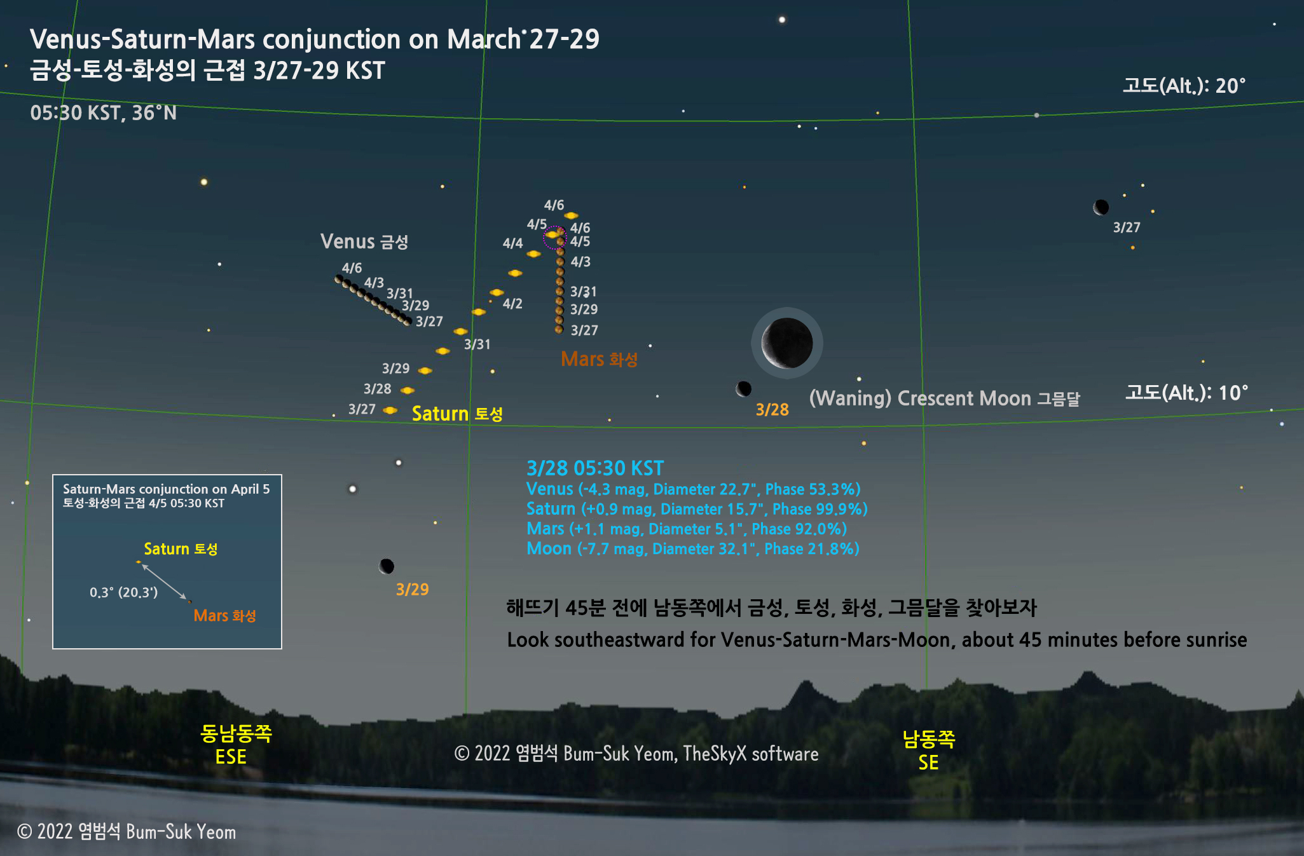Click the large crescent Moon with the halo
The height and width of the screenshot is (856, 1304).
pyautogui.click(x=787, y=343)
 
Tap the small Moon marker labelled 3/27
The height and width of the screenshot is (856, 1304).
pyautogui.click(x=1101, y=207)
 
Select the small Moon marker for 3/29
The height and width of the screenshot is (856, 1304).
pyautogui.click(x=387, y=566)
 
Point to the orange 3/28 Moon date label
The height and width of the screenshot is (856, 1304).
pyautogui.click(x=772, y=410)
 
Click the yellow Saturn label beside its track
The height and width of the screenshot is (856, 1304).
pyautogui.click(x=457, y=414)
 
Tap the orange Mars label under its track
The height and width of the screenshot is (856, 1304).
pyautogui.click(x=599, y=359)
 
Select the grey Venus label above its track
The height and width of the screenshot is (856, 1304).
pyautogui.click(x=364, y=241)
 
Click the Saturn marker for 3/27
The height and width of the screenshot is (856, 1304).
pyautogui.click(x=390, y=411)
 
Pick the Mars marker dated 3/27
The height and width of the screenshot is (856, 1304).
pyautogui.click(x=559, y=329)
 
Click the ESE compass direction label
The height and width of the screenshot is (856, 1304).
pyautogui.click(x=231, y=757)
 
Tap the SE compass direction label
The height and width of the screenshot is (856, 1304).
pyautogui.click(x=928, y=762)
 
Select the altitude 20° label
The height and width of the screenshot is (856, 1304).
pyautogui.click(x=1184, y=86)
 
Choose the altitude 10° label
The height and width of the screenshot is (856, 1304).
pyautogui.click(x=1186, y=393)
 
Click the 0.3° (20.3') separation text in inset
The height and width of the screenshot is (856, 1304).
pyautogui.click(x=123, y=592)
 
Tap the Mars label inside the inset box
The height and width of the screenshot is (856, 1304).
pyautogui.click(x=224, y=615)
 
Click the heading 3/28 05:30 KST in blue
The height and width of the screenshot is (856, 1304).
pyautogui.click(x=595, y=468)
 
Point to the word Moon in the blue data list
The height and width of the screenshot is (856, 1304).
pyautogui.click(x=549, y=548)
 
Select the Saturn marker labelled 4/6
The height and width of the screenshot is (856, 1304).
pyautogui.click(x=571, y=216)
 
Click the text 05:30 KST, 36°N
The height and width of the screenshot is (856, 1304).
pyautogui.click(x=104, y=113)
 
